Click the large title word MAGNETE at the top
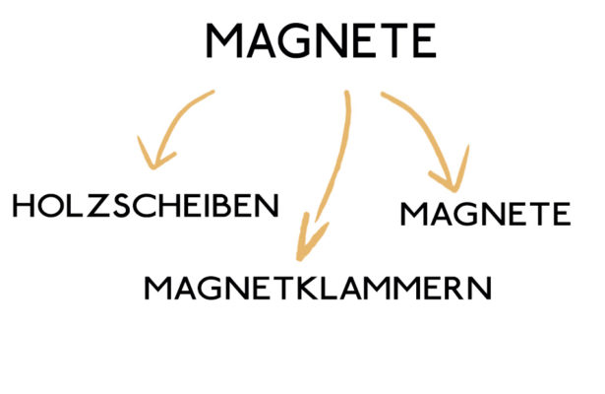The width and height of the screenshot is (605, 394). click(x=321, y=42)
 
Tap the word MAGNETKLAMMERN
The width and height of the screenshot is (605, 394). click(x=316, y=288)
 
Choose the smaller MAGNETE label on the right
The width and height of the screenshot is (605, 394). click(x=486, y=213)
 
